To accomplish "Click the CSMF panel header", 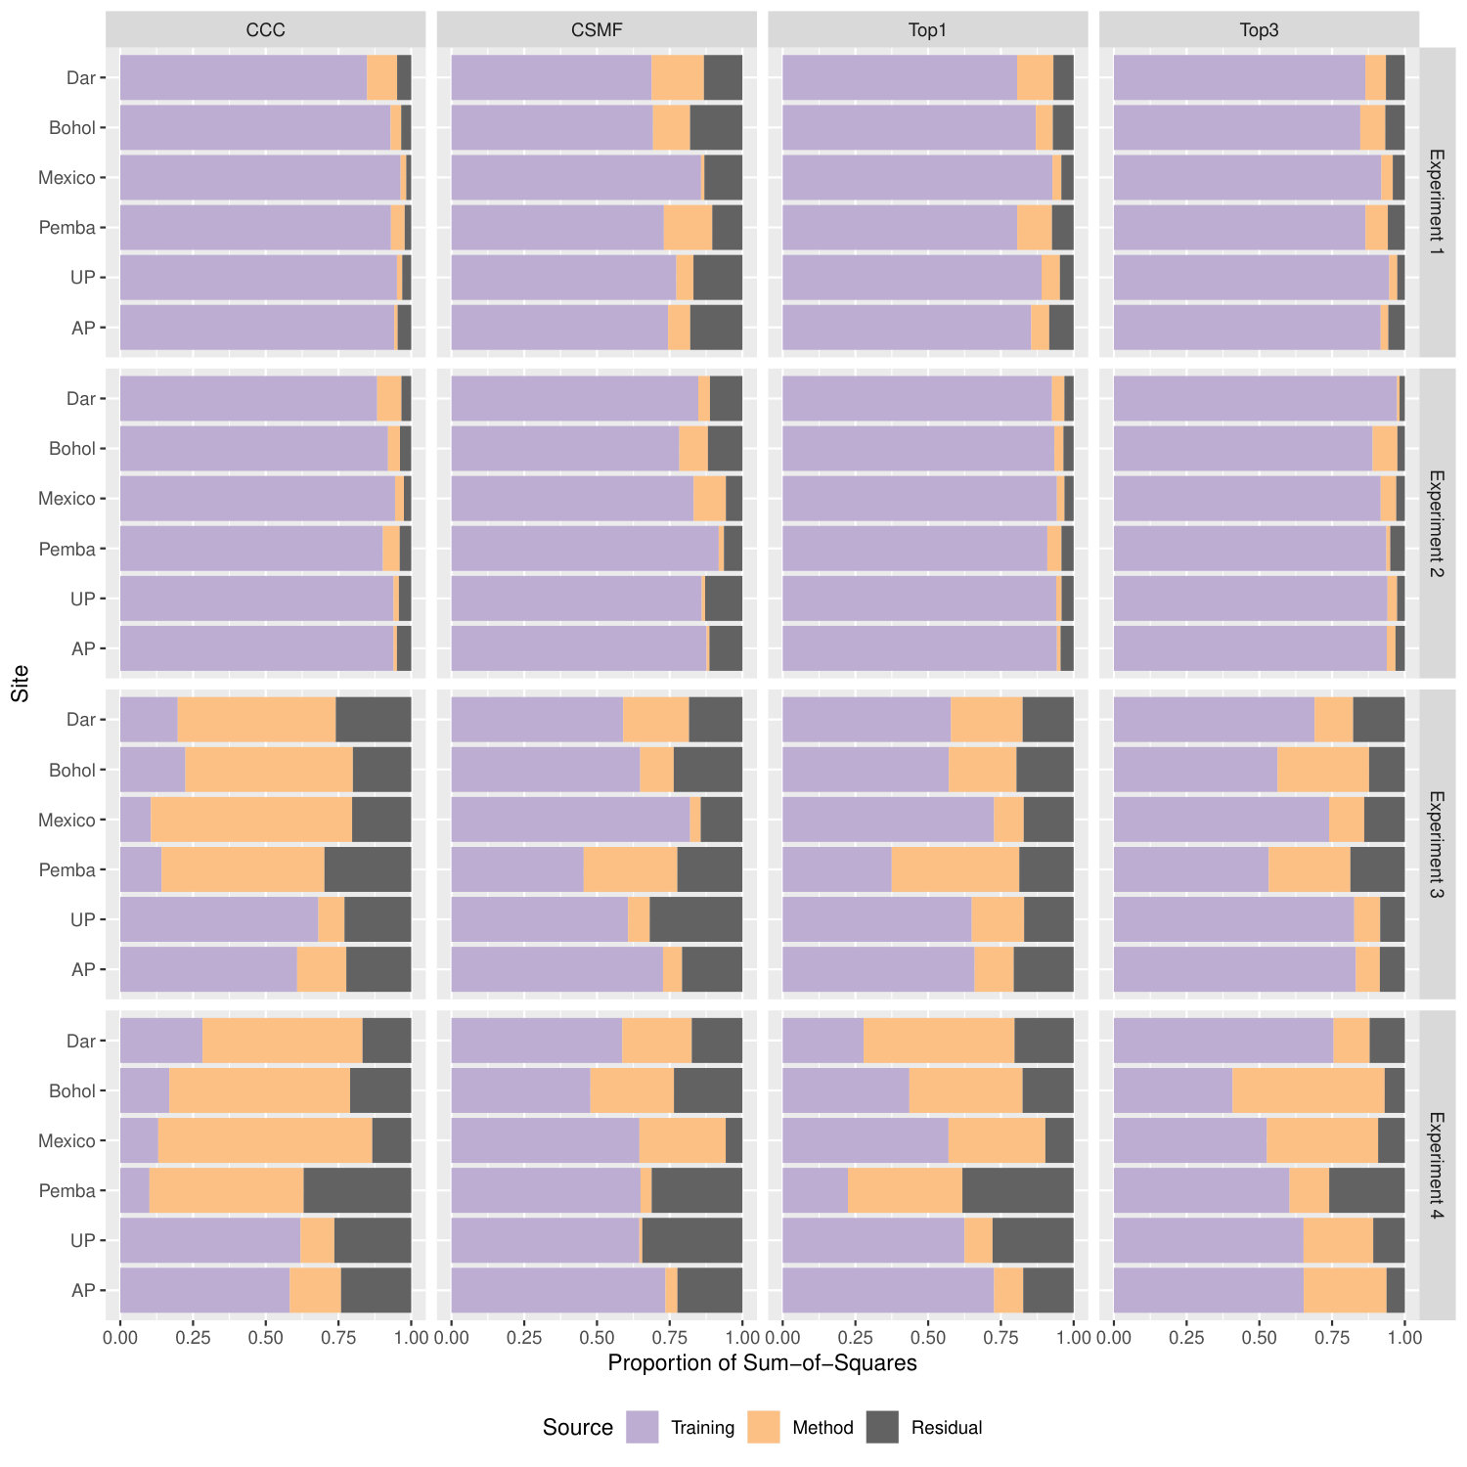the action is coord(597,29).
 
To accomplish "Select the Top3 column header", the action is coord(1259,29).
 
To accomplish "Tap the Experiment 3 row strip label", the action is coord(1437,845).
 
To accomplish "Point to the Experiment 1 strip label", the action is coord(1437,201).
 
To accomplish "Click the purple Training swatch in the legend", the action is coord(643,1427).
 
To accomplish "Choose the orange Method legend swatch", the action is coord(764,1427).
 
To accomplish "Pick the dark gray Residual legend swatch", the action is coord(882,1427).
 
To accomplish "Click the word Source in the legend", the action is coord(577,1427).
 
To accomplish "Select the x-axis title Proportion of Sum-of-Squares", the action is coord(763,1362).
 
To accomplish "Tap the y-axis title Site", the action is coord(21,684).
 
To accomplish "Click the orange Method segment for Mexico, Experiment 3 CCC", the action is coord(251,820).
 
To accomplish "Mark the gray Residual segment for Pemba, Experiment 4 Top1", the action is coord(1018,1190).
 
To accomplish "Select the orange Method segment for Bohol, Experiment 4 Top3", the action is coord(1309,1090).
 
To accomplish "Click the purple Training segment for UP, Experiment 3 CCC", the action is coord(219,919).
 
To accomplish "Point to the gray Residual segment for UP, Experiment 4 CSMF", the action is coord(692,1240).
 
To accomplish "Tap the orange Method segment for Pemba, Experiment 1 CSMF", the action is coord(689,227).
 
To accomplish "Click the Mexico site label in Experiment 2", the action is coord(67,499).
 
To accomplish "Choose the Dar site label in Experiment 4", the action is coord(81,1041).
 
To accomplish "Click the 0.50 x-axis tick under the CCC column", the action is coord(265,1337).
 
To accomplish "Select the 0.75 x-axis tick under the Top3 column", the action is coord(1332,1337).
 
